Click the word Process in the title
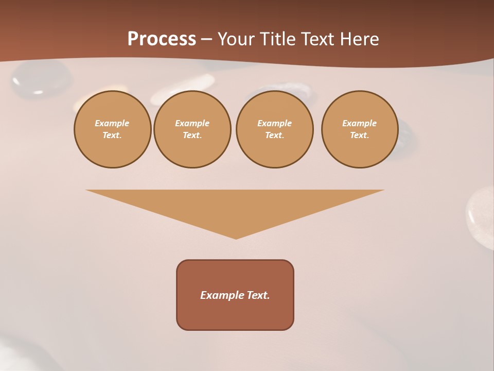(x=162, y=39)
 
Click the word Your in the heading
(x=236, y=39)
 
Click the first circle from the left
(x=113, y=129)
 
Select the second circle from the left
(x=192, y=129)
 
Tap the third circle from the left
(x=275, y=129)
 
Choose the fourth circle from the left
(x=360, y=129)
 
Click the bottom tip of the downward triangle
(x=236, y=238)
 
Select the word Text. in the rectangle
(x=258, y=295)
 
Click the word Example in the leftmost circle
(x=112, y=123)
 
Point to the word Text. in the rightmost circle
(x=360, y=135)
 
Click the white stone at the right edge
(x=481, y=216)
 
